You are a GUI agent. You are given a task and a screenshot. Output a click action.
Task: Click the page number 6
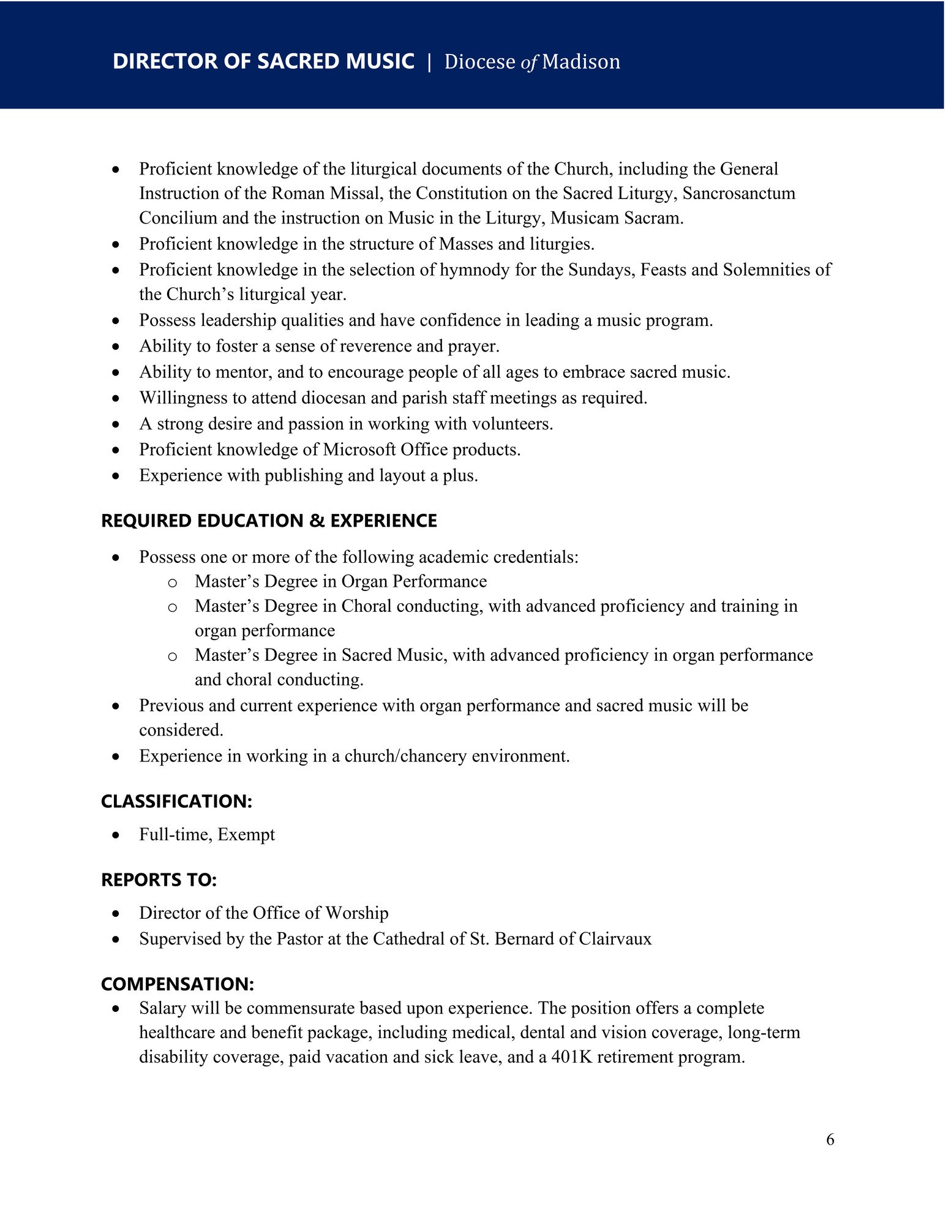830,1140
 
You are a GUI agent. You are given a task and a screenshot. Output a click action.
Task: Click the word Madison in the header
581,62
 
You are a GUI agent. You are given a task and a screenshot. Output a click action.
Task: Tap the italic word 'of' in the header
529,62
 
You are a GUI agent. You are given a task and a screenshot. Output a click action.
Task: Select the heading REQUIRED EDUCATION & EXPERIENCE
269,521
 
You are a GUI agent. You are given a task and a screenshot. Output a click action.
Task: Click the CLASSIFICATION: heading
176,801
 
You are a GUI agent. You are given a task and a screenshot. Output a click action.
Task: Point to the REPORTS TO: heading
159,880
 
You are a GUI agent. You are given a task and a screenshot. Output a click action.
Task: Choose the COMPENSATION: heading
177,984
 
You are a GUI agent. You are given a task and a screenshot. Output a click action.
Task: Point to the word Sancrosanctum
739,194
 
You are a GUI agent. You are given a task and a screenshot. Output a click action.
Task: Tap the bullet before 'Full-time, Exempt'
116,835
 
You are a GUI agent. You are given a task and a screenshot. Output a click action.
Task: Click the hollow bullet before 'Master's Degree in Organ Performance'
173,582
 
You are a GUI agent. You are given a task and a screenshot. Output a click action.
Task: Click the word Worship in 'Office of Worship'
356,913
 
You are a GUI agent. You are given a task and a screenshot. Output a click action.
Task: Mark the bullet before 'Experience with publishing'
116,476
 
